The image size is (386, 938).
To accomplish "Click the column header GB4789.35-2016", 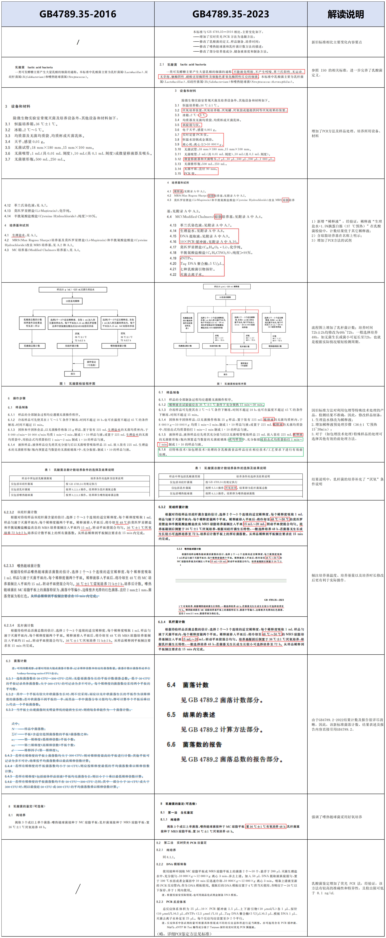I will point(78,14).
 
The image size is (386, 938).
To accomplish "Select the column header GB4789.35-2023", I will point(231,14).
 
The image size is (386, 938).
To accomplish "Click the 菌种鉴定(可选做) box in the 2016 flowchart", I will point(91,363).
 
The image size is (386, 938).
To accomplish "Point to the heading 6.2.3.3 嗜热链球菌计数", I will point(22,566).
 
